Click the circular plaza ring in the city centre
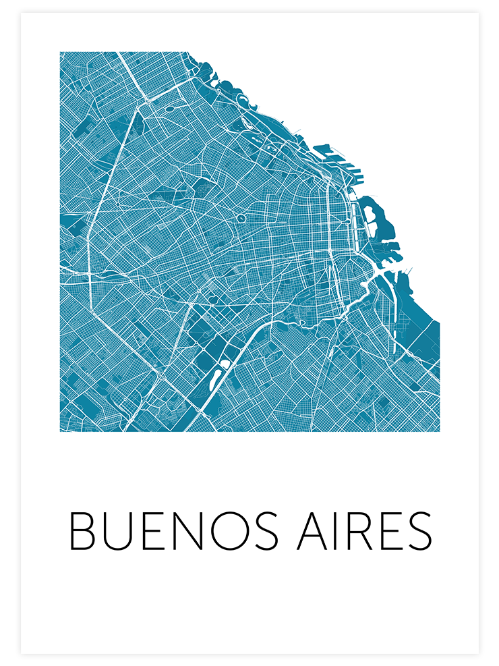coord(241,219)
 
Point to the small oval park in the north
coord(168,108)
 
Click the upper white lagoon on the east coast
coord(370,215)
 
